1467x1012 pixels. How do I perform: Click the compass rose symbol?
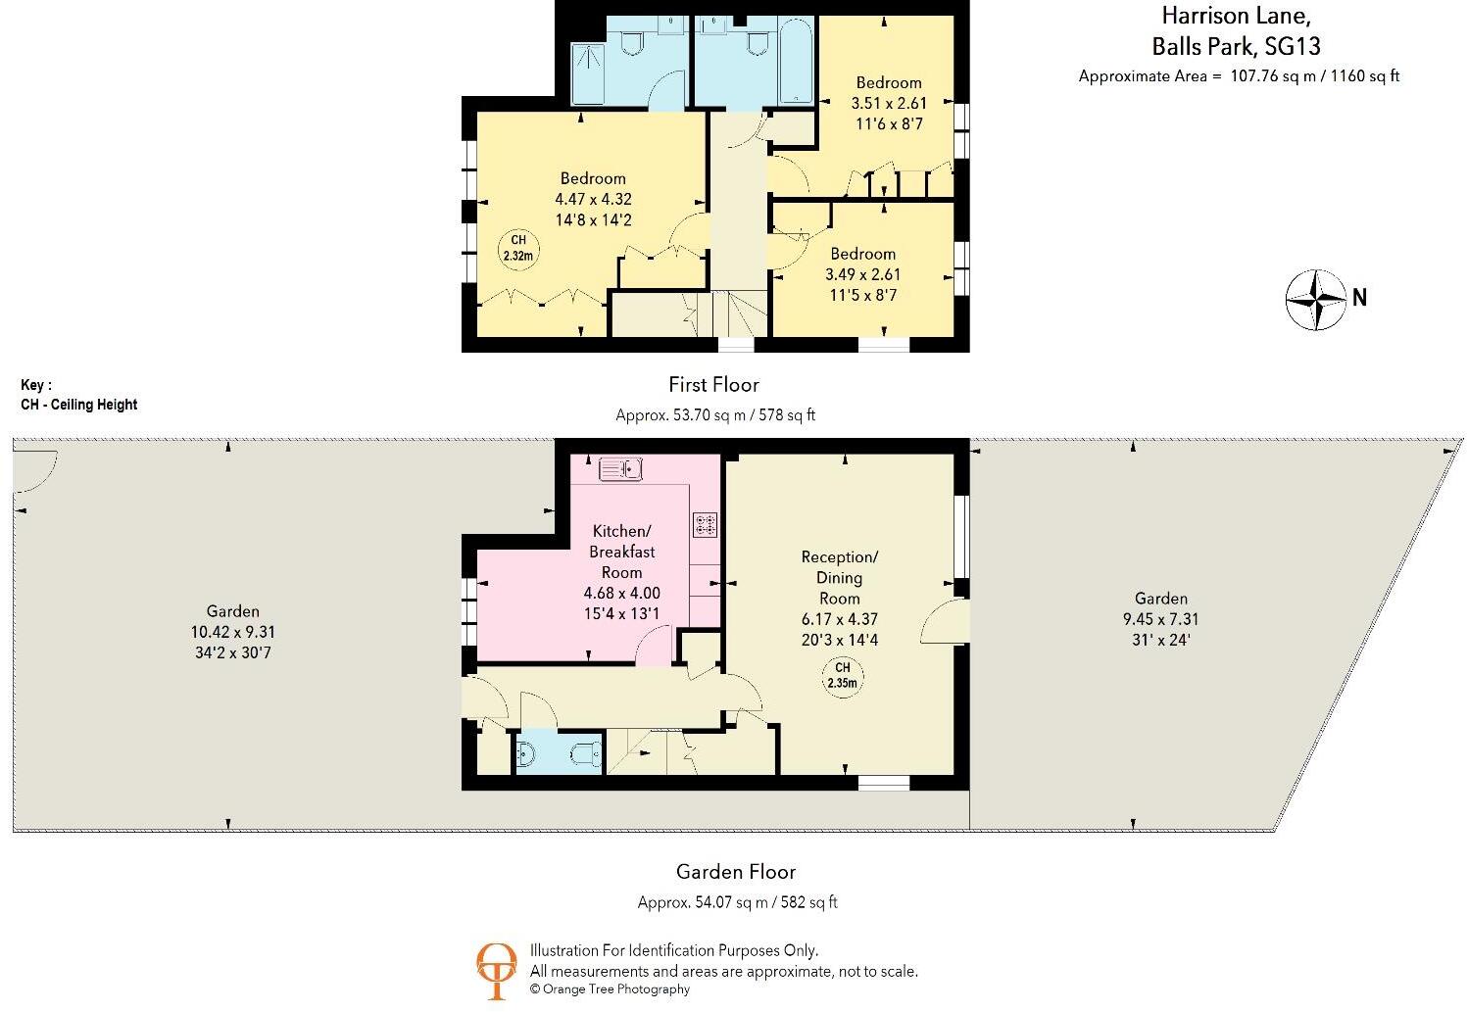coord(1316,299)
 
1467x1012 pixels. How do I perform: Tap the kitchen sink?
coord(620,470)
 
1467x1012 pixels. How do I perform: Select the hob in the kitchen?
coord(705,524)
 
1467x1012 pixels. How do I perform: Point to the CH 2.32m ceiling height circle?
coord(518,249)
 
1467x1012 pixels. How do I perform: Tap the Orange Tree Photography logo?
coord(496,970)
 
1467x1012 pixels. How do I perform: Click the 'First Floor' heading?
coord(713,385)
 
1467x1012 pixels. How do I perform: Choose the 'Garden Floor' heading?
coord(736,872)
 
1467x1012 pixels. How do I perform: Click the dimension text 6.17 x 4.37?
coord(839,619)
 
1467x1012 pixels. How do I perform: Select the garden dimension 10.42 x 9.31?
coord(232,632)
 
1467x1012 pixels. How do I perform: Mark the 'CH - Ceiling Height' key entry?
coord(79,405)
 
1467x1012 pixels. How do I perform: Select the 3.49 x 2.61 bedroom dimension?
coord(862,274)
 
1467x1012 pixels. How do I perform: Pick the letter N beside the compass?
coord(1359,298)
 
